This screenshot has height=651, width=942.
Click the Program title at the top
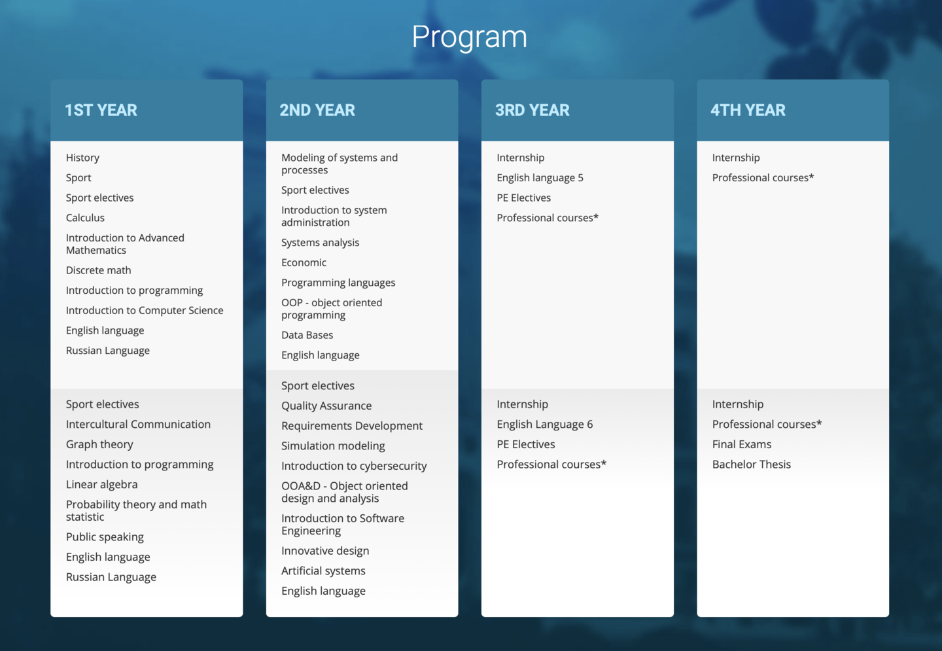469,38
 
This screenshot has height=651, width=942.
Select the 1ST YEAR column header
101,110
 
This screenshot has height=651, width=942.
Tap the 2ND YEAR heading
317,110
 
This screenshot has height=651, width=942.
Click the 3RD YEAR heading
532,110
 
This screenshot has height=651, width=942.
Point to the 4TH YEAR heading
748,110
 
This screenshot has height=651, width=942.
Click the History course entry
83,158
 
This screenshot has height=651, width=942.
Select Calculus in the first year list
85,218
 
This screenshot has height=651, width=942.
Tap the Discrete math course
98,270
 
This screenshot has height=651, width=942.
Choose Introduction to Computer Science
145,310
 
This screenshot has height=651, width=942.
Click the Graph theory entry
99,444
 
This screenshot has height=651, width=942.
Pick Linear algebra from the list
102,484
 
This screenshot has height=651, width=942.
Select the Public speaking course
105,537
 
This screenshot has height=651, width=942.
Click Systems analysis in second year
321,243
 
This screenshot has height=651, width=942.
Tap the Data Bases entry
307,335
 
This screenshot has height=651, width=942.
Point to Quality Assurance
327,406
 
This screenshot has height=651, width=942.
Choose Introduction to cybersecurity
354,466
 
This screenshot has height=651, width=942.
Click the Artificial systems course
323,571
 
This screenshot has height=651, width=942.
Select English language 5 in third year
540,178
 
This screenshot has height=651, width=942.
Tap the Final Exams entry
742,444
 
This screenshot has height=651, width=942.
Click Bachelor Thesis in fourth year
752,465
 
